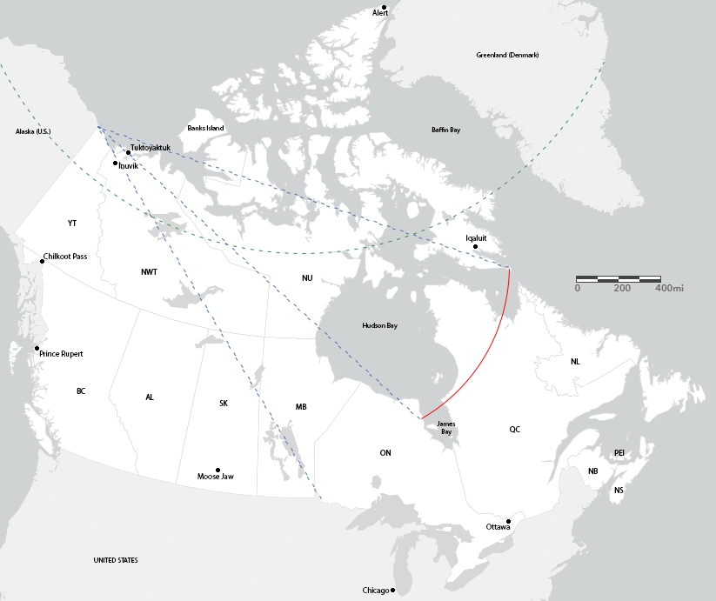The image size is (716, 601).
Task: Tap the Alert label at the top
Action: pos(380,13)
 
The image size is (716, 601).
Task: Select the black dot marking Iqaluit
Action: pos(476,247)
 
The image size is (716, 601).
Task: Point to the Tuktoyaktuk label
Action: pos(151,149)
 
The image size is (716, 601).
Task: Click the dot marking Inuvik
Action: pos(115,163)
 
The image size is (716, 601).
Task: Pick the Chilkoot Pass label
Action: pos(65,257)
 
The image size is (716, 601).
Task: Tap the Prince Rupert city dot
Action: pos(37,349)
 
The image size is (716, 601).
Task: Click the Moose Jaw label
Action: pos(216,477)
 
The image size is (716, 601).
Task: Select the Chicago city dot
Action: pos(393,591)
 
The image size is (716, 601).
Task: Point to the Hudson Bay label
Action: pos(379,325)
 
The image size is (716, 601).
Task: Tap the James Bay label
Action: pos(445,427)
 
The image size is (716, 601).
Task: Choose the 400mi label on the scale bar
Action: pos(669,288)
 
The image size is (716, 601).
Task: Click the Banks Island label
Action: pos(205,129)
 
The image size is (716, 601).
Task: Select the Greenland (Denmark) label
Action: pos(507,55)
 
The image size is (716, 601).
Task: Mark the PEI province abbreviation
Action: pos(619,453)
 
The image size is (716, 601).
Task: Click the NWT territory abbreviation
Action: pos(149,272)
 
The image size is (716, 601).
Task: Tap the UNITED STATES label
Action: pos(116,560)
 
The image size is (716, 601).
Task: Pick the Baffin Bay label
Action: pos(445,130)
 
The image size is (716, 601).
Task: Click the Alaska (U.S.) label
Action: pos(34,131)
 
